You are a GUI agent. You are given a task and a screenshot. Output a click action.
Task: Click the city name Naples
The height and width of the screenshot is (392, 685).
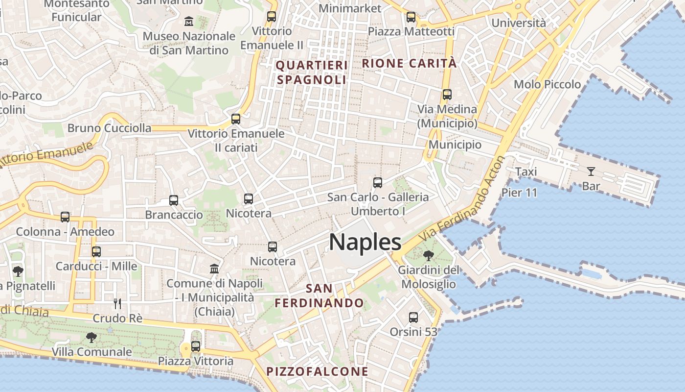(365, 243)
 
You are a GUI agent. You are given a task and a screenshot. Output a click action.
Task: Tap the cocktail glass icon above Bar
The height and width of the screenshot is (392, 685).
(591, 171)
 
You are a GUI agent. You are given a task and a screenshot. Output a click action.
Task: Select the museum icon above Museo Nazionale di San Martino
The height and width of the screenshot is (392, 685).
(189, 22)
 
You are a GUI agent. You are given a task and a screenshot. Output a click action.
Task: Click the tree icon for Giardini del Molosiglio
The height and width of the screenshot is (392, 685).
(429, 255)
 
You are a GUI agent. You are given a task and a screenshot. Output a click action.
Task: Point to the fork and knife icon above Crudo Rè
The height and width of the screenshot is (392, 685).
(117, 303)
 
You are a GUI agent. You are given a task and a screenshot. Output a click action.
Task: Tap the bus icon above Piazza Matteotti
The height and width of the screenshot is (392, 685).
(411, 17)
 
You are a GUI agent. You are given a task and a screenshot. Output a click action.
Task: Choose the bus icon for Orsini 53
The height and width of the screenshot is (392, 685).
(413, 318)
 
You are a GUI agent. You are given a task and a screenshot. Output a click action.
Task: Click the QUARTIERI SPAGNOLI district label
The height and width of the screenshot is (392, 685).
(312, 72)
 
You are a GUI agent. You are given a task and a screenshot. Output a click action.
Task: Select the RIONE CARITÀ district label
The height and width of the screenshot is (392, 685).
(409, 63)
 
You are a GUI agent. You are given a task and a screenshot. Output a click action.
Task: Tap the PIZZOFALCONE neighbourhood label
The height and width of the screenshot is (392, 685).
(317, 371)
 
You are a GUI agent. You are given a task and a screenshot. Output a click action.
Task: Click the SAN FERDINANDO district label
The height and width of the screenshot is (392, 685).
(319, 295)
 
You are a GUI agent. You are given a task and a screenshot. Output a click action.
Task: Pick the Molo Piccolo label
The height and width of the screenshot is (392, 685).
(547, 84)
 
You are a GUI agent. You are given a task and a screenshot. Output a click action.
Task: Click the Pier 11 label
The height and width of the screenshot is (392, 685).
(519, 193)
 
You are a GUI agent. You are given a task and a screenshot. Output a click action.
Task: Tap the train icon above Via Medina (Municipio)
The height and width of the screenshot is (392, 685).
(447, 95)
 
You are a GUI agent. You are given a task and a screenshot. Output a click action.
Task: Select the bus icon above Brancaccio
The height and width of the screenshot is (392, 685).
(174, 200)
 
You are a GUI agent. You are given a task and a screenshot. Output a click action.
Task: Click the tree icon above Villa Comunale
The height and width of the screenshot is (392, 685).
(91, 337)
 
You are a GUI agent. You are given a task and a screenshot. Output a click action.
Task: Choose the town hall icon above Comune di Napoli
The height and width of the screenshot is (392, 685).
(214, 269)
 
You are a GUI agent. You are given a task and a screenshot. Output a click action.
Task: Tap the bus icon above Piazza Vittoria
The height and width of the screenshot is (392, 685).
(196, 346)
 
